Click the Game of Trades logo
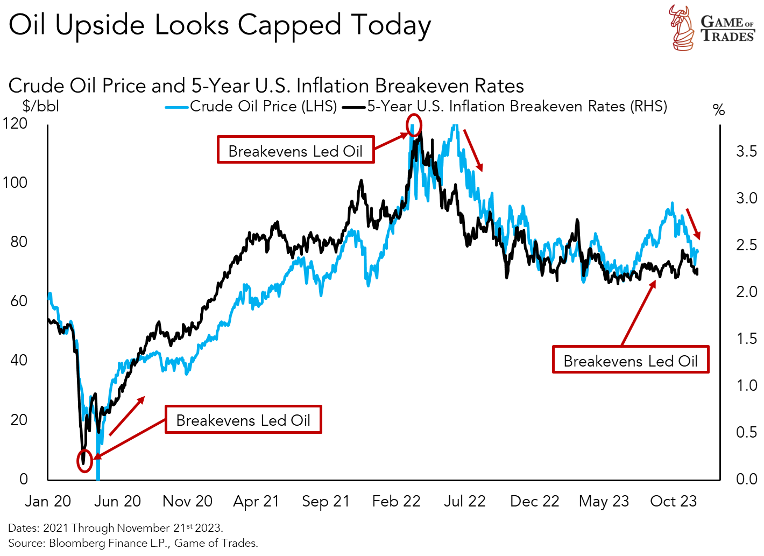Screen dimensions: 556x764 711,27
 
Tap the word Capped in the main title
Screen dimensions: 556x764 289,25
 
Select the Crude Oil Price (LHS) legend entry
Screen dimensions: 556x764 251,107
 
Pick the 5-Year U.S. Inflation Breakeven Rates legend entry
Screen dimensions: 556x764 506,107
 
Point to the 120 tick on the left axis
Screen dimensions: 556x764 15,123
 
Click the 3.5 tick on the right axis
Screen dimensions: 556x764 746,151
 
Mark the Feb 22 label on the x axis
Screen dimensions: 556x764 396,501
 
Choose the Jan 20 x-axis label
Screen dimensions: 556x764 48,501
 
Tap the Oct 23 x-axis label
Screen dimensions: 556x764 673,501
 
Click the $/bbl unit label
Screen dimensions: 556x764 41,106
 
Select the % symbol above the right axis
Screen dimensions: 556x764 719,110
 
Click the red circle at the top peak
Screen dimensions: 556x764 414,125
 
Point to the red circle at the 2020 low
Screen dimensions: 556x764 84,461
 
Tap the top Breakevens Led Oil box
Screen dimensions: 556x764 295,150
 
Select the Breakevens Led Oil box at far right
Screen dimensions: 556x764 630,360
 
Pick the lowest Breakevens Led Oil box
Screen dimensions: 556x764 243,419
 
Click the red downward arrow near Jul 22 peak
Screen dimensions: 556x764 473,150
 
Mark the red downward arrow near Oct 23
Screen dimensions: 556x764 693,224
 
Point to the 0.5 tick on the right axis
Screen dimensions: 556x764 746,432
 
